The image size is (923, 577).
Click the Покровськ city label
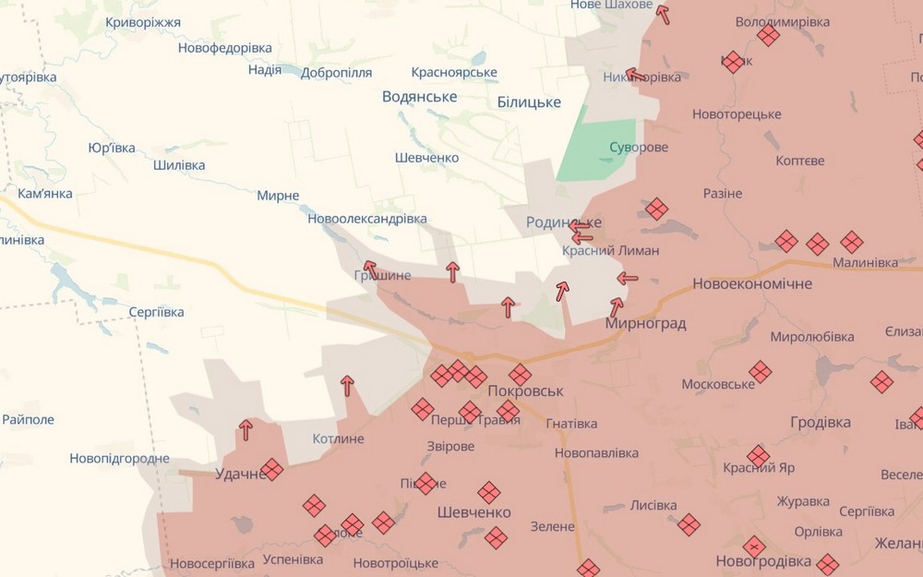click(524, 391)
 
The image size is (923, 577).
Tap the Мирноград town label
click(645, 323)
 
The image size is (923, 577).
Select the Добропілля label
click(336, 72)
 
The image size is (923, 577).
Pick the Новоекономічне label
click(752, 283)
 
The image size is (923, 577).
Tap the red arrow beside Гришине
click(370, 269)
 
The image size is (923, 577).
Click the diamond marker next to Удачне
click(271, 470)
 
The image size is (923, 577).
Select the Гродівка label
click(821, 422)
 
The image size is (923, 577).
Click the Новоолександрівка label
click(367, 219)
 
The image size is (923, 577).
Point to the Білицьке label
click(529, 102)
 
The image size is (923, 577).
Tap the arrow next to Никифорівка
click(634, 74)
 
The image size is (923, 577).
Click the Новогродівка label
click(763, 561)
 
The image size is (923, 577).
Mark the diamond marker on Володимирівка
click(768, 36)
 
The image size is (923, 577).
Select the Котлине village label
click(338, 439)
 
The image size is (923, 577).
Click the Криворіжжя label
click(143, 22)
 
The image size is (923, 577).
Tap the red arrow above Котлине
click(347, 386)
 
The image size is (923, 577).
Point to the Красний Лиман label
click(610, 250)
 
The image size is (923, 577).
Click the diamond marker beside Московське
click(760, 372)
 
